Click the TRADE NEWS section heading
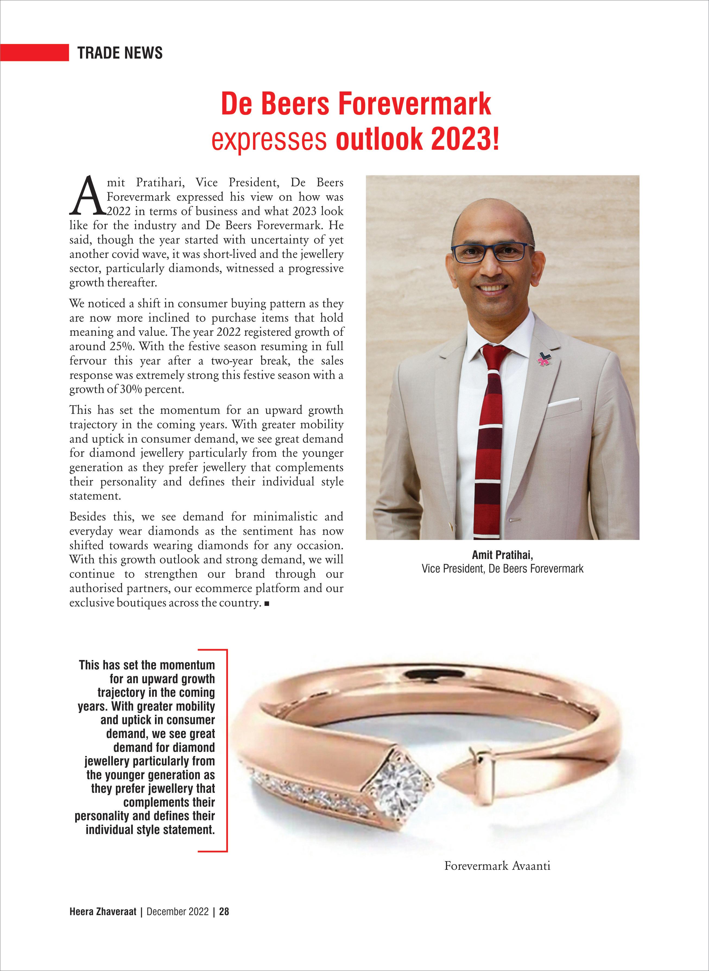tap(120, 53)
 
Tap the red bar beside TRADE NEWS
tap(34, 52)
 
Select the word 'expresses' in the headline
tap(269, 139)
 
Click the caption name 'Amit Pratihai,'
tap(502, 555)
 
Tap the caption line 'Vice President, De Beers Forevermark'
tap(502, 569)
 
